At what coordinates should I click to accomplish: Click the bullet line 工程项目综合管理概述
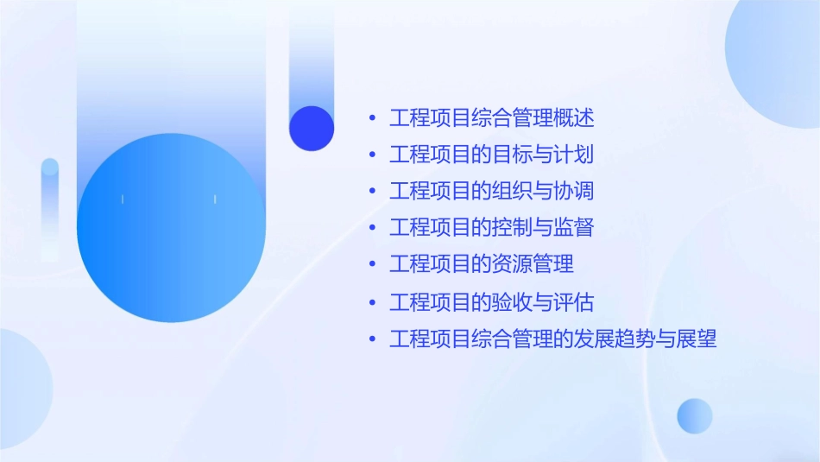492,117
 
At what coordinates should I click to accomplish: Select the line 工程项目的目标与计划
492,155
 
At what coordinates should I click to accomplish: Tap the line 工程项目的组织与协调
492,191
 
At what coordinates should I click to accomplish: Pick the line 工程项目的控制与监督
492,228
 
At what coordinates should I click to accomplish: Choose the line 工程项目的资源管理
482,263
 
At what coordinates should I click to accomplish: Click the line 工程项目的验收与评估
492,302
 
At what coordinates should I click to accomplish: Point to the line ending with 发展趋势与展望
552,339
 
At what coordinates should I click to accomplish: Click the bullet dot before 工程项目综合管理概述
372,117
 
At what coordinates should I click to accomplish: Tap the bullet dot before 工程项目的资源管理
372,263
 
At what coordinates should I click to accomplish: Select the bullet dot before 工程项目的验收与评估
372,302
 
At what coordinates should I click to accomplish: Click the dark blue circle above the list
312,128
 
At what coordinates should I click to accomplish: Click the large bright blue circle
171,228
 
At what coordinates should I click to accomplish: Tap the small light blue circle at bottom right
695,415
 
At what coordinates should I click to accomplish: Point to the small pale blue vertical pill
50,207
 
